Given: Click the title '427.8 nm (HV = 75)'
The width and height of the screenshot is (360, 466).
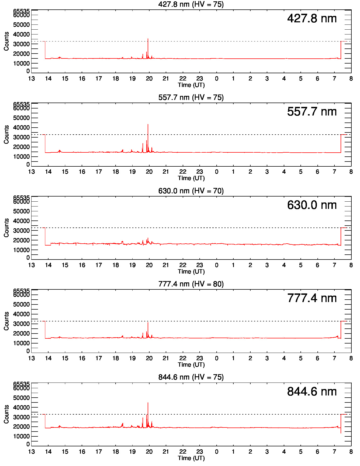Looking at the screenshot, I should tap(191, 4).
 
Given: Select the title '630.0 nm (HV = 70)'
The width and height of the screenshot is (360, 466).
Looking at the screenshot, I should tap(191, 191).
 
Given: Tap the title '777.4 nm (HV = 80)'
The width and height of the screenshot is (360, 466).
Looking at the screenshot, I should tap(191, 284).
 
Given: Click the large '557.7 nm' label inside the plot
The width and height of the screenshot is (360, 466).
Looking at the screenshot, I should tap(312, 112).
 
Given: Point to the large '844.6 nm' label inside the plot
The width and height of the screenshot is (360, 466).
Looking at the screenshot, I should tap(312, 392).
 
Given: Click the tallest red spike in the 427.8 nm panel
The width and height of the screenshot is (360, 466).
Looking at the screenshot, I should tap(148, 39).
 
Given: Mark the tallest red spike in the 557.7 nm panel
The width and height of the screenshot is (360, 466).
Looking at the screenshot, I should tap(148, 125).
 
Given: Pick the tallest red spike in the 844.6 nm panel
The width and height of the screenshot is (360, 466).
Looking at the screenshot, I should tap(148, 403).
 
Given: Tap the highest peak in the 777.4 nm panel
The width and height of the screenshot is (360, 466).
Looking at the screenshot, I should tap(148, 323).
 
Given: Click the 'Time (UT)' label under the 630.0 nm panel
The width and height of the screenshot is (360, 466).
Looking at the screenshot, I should tap(191, 271).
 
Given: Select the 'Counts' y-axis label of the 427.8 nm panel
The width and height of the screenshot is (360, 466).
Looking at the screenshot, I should tap(6, 41).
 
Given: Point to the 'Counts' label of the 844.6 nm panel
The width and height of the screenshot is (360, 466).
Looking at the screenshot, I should tap(6, 414).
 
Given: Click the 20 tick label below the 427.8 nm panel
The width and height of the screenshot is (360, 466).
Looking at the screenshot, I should tap(149, 79).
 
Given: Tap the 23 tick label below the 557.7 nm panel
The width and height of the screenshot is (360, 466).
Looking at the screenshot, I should tap(200, 172).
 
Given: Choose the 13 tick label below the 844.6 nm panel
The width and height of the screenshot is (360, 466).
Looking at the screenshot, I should tap(32, 451).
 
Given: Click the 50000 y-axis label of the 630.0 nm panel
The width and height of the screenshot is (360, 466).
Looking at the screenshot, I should tap(21, 211).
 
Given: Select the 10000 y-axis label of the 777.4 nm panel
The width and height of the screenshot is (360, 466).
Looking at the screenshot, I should tap(21, 343).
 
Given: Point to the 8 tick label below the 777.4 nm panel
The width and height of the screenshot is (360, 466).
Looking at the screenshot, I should tap(351, 358).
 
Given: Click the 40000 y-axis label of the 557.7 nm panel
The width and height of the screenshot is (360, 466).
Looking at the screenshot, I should tap(21, 128).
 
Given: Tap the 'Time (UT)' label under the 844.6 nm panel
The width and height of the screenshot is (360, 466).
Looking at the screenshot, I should tap(191, 458).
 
